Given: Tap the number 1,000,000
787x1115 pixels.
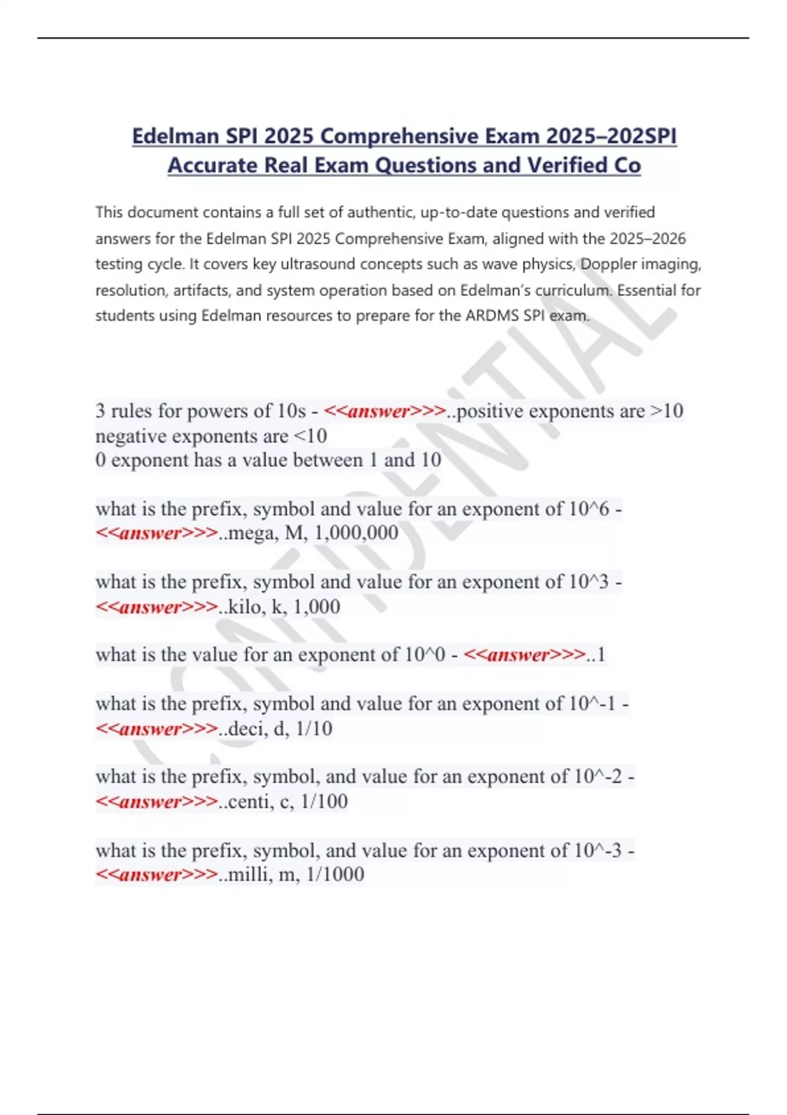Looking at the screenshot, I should [x=356, y=533].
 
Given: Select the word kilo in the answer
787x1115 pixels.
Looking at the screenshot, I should [x=244, y=607].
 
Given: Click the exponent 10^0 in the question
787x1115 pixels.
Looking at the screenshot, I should [x=425, y=655].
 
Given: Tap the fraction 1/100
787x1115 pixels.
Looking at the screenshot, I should [x=324, y=801].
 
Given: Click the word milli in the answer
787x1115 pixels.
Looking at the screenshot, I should [x=248, y=874].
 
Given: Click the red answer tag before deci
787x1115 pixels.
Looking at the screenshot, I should [x=157, y=729].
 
